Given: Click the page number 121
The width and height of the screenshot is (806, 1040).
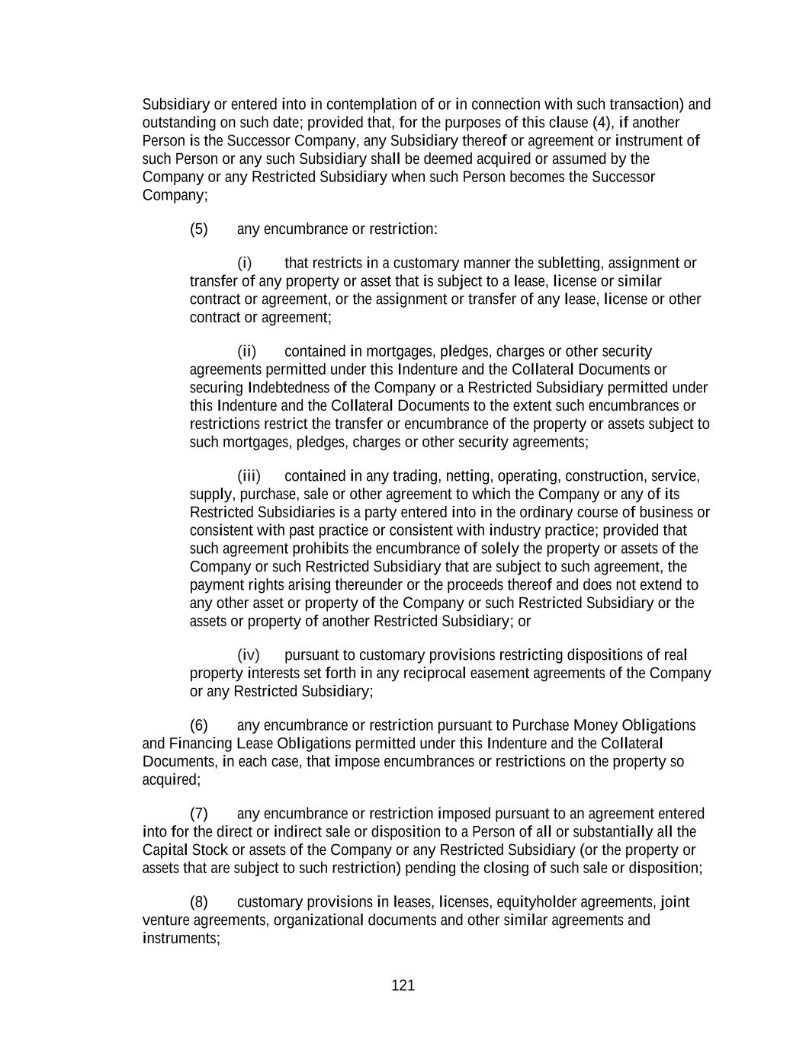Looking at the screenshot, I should [x=403, y=986].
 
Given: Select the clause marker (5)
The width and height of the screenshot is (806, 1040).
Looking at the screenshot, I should [x=198, y=229].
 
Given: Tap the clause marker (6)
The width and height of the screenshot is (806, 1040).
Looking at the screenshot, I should [x=198, y=725].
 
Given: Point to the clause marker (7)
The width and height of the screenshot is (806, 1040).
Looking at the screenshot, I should [x=198, y=814].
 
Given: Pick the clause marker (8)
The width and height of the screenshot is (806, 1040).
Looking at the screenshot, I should [x=198, y=902].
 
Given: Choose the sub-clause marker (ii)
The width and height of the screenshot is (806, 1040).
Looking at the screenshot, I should [x=246, y=351].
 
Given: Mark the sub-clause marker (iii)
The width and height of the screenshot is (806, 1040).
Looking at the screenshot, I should [x=249, y=476].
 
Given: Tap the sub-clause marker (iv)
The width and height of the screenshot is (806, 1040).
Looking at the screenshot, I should [x=249, y=655].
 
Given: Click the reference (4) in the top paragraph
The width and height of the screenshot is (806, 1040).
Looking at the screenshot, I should [x=602, y=123].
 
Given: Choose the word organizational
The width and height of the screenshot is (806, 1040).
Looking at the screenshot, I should [x=318, y=920].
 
